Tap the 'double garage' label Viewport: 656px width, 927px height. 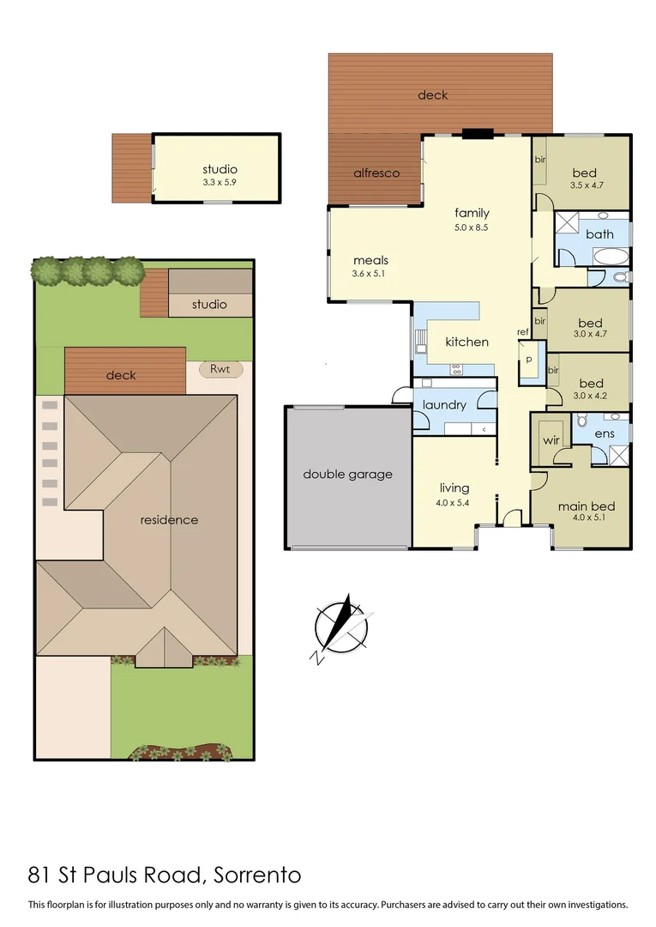(x=347, y=474)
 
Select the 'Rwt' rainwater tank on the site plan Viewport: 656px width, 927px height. (x=220, y=369)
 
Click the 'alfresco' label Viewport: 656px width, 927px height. (x=376, y=173)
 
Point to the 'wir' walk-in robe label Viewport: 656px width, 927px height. (x=551, y=441)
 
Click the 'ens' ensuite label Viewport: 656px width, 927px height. (x=604, y=434)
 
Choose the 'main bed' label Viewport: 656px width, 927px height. (x=586, y=506)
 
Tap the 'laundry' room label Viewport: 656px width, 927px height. (x=444, y=405)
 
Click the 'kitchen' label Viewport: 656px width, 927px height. (x=466, y=342)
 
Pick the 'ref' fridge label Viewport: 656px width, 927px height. (x=522, y=332)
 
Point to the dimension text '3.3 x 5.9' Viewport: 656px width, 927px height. (x=220, y=183)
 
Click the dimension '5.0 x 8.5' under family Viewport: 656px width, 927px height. (x=472, y=228)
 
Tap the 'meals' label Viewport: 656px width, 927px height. (x=370, y=260)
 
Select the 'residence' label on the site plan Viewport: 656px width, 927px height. (x=170, y=519)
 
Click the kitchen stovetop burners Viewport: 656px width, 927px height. (x=456, y=369)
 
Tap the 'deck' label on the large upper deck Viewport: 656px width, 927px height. (x=432, y=94)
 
